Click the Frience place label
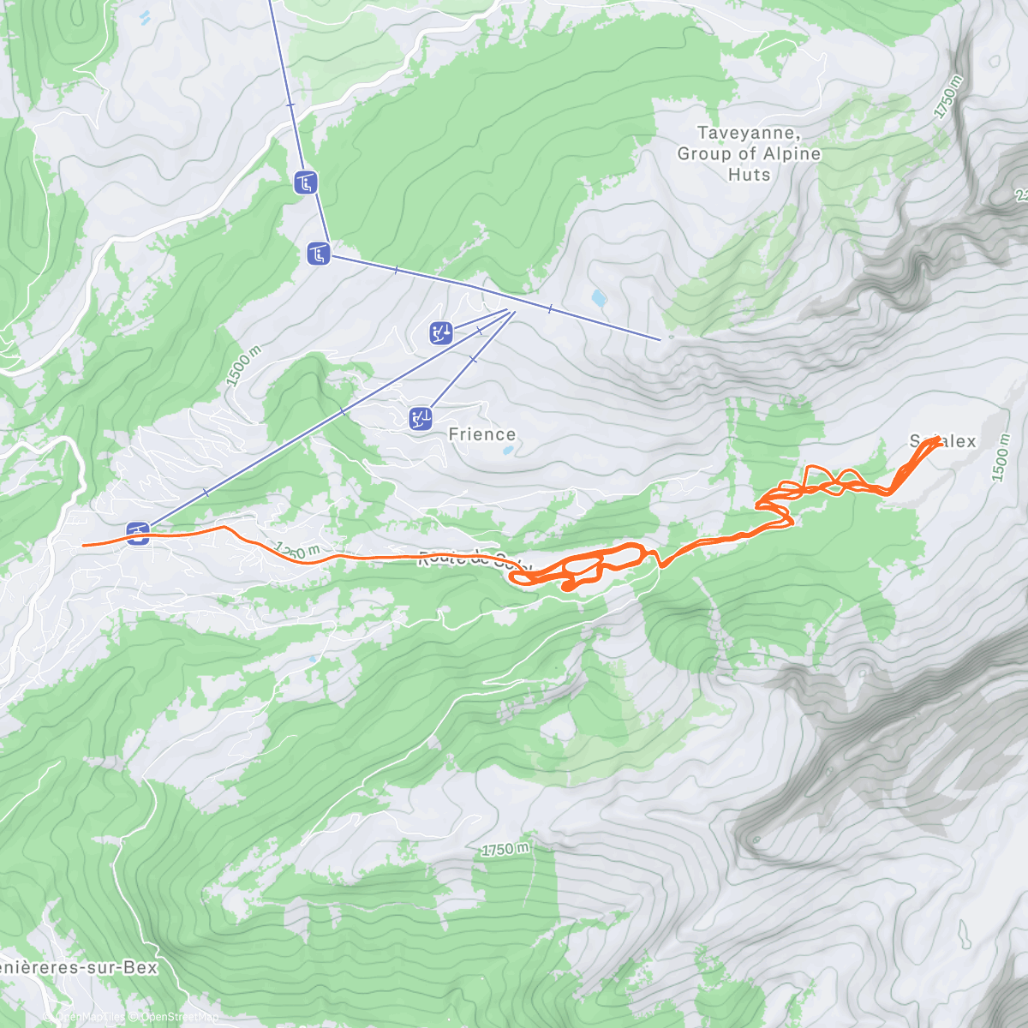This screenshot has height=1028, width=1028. point(482,434)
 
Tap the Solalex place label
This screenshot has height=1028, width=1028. point(943,441)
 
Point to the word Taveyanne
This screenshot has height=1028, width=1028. point(748,133)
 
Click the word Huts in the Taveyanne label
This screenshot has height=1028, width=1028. point(749,174)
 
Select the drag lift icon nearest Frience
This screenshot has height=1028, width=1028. point(421,418)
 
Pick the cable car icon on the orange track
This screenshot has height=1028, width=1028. point(138,533)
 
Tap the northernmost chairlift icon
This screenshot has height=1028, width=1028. point(306,182)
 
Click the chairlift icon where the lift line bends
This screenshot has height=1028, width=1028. point(319,253)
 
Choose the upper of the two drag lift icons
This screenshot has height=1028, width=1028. point(441,332)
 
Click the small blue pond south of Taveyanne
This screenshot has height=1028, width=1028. point(598,298)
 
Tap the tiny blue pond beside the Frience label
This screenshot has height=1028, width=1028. point(507,450)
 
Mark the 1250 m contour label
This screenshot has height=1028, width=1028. point(297,550)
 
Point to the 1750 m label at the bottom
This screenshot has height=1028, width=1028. point(505,849)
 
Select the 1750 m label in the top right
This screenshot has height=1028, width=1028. point(949,97)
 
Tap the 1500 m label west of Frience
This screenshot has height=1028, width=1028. point(242,367)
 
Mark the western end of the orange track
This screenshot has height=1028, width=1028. point(83,545)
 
